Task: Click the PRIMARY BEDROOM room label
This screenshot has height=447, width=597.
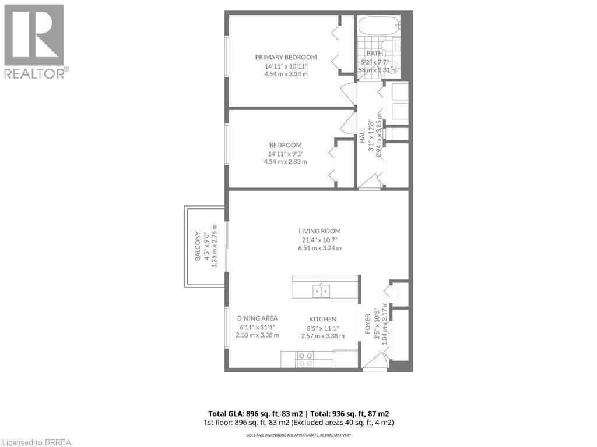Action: click(x=286, y=57)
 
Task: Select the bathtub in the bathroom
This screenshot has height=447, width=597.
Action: click(x=378, y=26)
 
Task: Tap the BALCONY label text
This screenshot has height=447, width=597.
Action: click(x=198, y=247)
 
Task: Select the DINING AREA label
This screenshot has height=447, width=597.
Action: click(x=257, y=318)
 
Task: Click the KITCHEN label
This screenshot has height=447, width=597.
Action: click(x=322, y=319)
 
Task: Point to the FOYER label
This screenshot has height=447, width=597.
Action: click(x=368, y=324)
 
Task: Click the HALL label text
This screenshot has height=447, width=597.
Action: click(x=362, y=136)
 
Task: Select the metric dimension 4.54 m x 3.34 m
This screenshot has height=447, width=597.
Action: click(x=286, y=74)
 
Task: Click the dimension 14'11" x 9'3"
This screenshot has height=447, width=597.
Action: click(x=285, y=154)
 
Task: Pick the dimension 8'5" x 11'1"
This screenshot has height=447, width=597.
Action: click(x=322, y=327)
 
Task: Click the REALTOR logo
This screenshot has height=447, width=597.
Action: click(x=35, y=41)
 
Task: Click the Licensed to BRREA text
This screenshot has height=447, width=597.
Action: click(x=36, y=442)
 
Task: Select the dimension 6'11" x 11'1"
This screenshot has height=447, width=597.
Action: click(x=257, y=327)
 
